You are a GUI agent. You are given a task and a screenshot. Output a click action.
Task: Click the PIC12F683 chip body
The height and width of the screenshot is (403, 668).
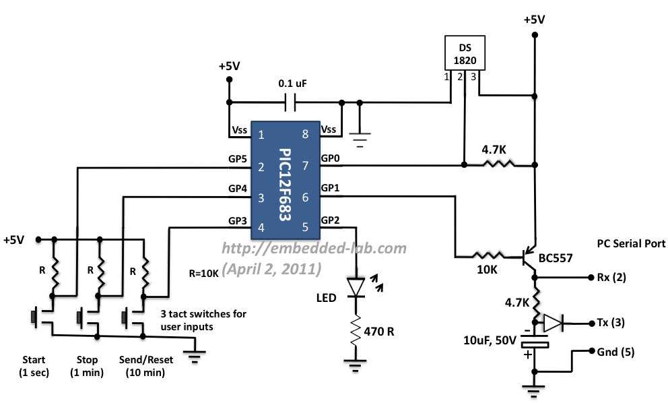[283, 180]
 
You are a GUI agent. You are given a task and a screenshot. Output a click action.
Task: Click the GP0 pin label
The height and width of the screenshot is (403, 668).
[330, 158]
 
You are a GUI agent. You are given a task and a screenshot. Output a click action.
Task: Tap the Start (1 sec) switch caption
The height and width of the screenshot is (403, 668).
[35, 366]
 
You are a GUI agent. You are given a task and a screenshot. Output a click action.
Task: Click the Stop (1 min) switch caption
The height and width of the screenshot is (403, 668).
[83, 366]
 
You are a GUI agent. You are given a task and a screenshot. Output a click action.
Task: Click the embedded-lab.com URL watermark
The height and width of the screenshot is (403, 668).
[314, 248]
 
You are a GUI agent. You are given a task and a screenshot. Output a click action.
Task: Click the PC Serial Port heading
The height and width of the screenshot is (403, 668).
[631, 243]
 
